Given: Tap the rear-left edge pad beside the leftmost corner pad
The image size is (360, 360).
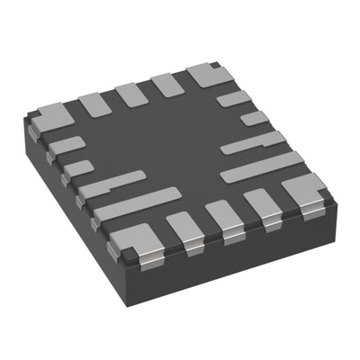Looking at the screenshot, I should (x=94, y=104).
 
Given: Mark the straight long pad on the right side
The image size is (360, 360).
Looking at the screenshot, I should (x=262, y=165).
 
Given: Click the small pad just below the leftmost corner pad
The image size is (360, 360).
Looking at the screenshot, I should (x=66, y=145).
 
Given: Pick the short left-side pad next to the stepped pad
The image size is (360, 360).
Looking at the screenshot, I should (x=79, y=166).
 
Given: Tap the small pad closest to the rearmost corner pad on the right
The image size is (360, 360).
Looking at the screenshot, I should (x=234, y=99).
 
